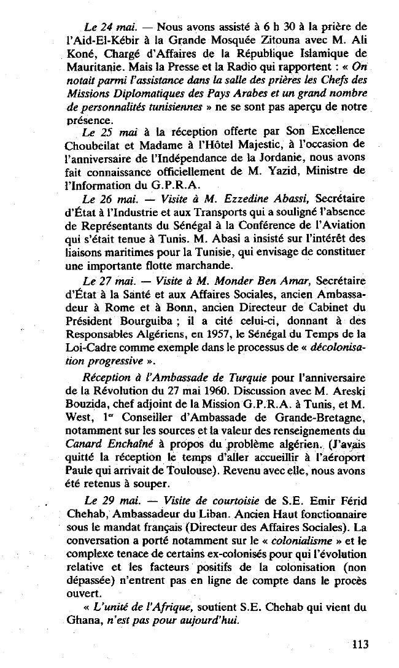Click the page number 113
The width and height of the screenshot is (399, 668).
360,644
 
